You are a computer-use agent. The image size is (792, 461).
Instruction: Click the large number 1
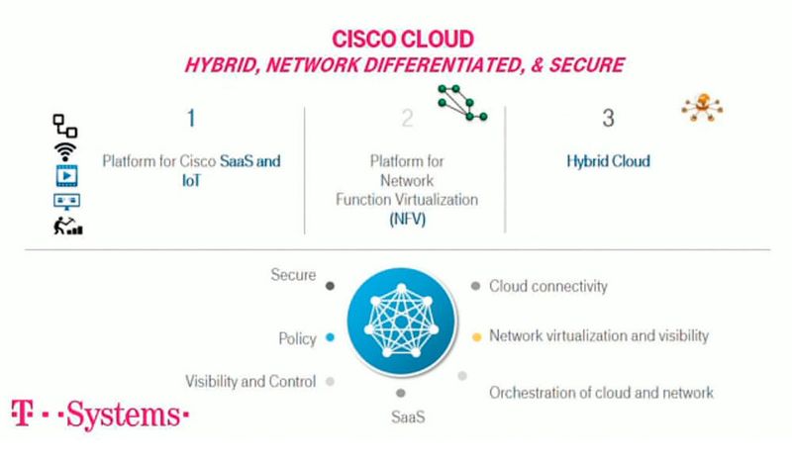point(190,120)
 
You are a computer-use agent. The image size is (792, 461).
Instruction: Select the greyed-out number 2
point(406,120)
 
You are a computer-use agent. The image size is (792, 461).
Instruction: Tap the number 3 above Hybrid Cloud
point(608,120)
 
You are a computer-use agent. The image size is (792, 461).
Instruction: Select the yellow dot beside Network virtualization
point(475,336)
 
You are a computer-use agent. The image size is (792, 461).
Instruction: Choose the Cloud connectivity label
point(548,287)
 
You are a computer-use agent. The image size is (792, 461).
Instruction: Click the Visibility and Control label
point(250,381)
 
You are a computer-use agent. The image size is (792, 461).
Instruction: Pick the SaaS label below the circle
point(402,416)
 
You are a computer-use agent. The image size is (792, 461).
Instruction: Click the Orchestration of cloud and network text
point(601,393)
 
